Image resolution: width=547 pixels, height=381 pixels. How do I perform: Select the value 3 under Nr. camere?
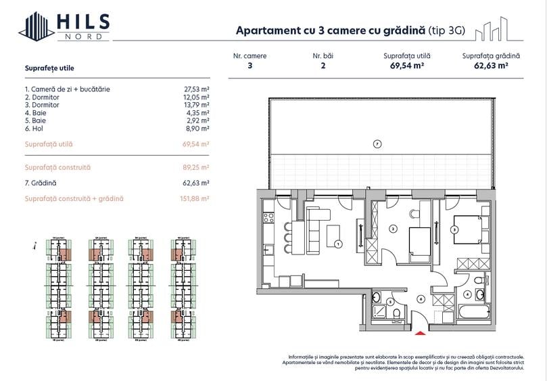point(250,66)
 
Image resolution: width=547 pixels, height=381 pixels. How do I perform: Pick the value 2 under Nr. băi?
point(323,66)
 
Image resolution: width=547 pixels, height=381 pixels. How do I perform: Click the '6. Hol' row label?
point(36,128)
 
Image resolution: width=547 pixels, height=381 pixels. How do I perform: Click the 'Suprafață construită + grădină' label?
point(74,199)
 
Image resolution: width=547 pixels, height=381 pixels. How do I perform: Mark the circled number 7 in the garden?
point(377,143)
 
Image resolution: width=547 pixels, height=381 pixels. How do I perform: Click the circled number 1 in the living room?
point(338,244)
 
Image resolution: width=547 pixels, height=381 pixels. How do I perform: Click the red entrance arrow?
point(420,331)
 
